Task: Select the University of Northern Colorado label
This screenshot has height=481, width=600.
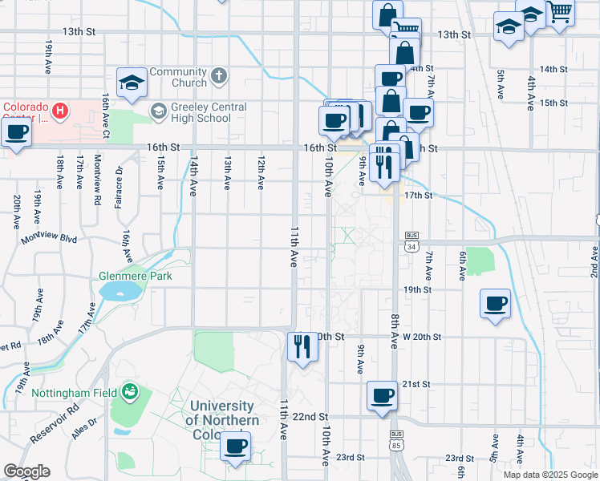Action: click(222, 420)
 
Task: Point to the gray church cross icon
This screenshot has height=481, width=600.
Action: click(220, 78)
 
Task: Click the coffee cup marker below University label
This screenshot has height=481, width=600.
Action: click(235, 447)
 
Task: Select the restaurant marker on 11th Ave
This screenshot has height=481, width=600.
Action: click(302, 346)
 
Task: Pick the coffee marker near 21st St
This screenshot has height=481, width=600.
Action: click(383, 396)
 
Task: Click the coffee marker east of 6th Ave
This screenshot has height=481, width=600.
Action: click(495, 303)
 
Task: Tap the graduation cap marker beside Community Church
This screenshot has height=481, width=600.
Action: click(132, 82)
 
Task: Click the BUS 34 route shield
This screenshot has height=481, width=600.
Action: click(411, 241)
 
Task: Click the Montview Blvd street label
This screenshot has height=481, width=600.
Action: click(50, 239)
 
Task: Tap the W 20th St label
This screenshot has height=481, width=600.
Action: click(422, 337)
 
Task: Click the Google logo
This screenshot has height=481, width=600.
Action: click(26, 471)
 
